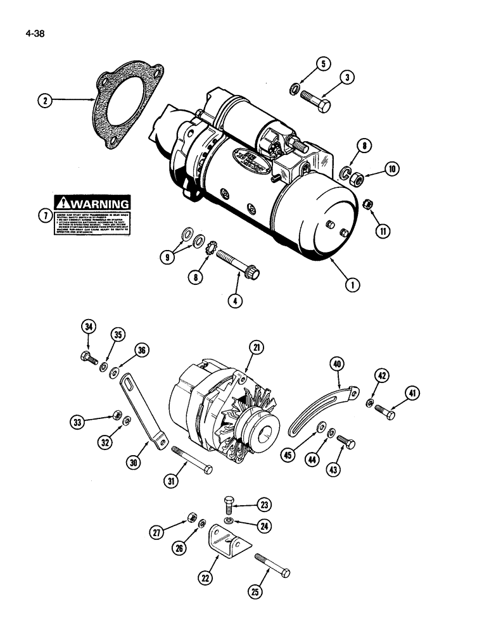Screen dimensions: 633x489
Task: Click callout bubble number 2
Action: coord(44,99)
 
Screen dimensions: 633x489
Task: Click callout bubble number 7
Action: coord(44,216)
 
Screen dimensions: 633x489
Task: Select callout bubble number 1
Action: coord(349,284)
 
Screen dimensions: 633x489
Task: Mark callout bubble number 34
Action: coord(89,327)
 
